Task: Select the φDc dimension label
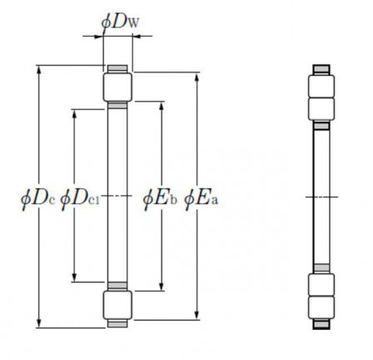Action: tap(37, 197)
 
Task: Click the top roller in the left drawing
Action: tap(116, 87)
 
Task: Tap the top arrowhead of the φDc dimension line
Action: tap(38, 70)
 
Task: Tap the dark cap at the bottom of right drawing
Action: tap(321, 326)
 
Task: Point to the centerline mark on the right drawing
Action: tap(321, 197)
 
